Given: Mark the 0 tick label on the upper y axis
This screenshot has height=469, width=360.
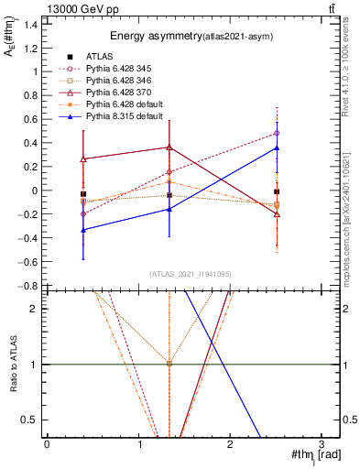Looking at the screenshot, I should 35,191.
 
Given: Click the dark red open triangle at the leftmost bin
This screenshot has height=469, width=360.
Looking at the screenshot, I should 83,159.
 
